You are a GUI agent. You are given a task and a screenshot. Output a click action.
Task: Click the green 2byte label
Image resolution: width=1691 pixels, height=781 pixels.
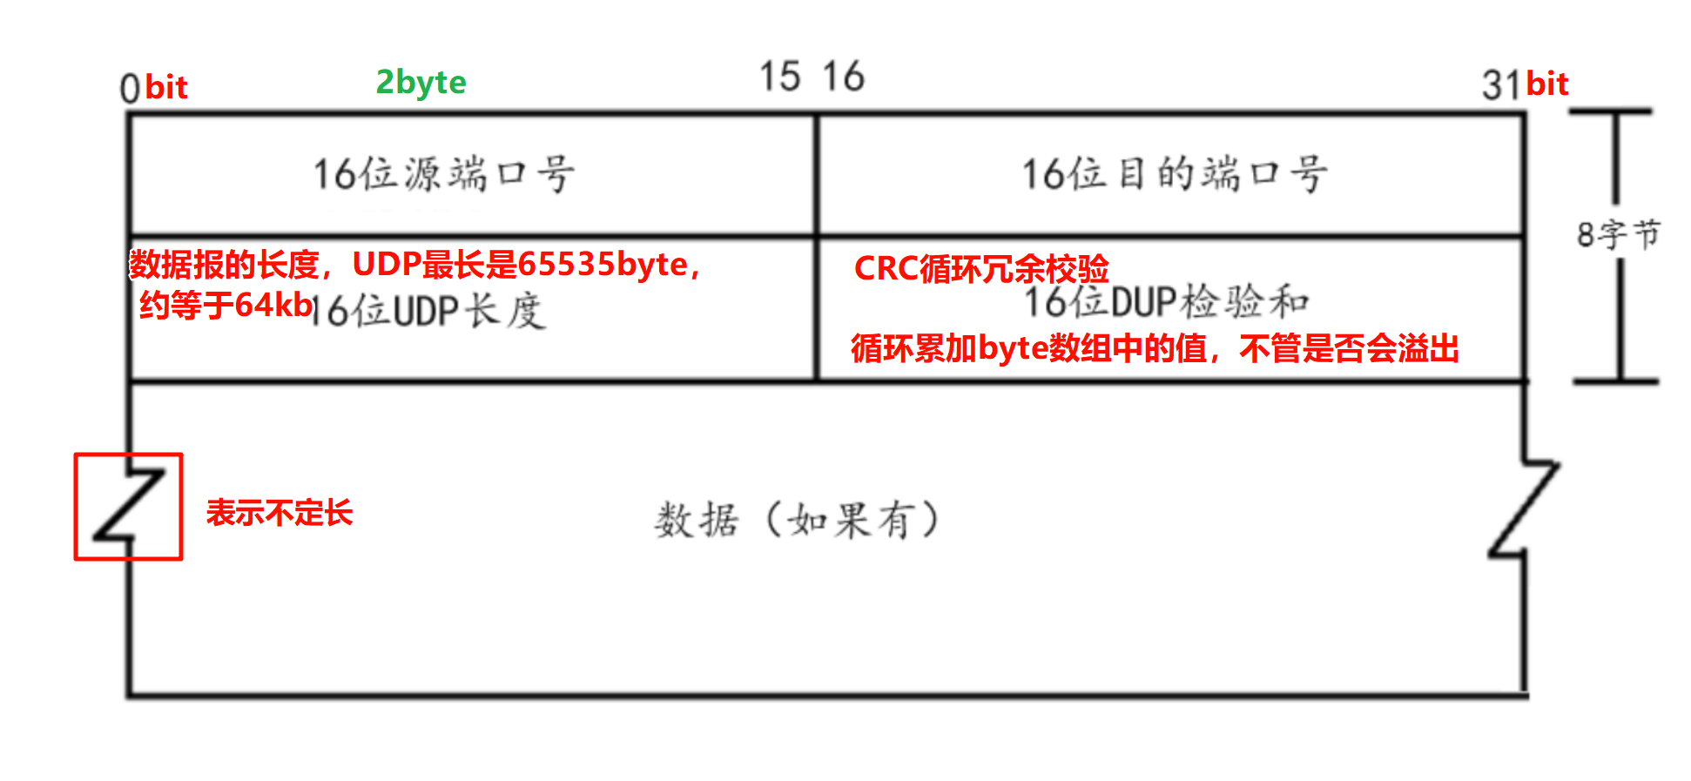[x=421, y=82]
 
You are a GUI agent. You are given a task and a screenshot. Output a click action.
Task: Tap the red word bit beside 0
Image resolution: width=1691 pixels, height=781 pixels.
[x=166, y=87]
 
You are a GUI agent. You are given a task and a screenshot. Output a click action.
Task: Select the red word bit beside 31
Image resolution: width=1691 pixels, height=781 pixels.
[x=1547, y=84]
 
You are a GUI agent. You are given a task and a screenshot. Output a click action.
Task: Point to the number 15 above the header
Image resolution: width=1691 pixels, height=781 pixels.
[x=779, y=77]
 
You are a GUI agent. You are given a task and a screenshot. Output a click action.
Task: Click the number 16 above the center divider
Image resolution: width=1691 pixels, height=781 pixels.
[x=843, y=77]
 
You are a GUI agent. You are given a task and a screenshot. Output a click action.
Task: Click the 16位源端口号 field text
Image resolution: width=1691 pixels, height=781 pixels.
[x=443, y=174]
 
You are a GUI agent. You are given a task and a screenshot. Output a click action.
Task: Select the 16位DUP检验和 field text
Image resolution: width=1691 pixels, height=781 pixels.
[x=1167, y=303]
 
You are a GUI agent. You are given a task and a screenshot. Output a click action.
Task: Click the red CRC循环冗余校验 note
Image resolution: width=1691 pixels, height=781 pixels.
[x=981, y=268]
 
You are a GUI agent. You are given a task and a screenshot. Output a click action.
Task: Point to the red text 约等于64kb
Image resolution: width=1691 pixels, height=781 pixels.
[x=226, y=305]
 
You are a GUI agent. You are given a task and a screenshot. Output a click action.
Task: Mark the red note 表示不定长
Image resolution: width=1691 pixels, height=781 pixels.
[x=280, y=513]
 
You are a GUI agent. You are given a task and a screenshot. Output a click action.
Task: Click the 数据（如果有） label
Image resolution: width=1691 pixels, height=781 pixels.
[x=797, y=521]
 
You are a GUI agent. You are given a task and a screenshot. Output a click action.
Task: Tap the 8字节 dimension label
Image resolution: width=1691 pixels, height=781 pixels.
[x=1618, y=234]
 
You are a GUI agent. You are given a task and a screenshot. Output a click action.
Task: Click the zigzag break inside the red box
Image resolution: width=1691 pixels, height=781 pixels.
[x=129, y=506]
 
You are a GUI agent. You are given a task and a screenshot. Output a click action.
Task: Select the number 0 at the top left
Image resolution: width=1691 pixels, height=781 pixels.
[x=130, y=88]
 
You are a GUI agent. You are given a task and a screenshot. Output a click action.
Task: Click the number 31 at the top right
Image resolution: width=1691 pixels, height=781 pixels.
[x=1501, y=85]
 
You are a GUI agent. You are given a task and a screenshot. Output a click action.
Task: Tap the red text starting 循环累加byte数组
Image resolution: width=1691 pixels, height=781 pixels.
[x=1155, y=348]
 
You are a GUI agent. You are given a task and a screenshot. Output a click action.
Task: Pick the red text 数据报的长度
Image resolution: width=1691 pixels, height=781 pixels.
[x=225, y=264]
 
